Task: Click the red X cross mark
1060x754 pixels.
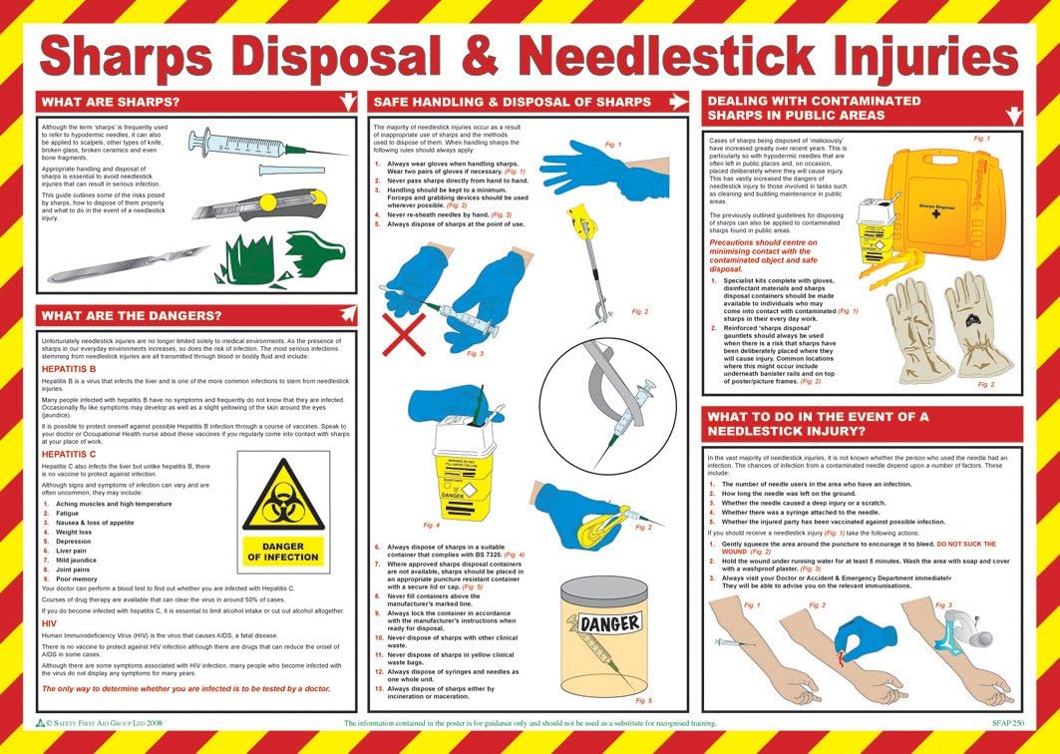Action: coord(404,335)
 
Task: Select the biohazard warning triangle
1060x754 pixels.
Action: coord(283,497)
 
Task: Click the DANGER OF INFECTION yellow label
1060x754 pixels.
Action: coord(283,553)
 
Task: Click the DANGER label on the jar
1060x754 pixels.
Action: coord(610,624)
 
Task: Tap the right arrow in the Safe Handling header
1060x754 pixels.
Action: coord(678,102)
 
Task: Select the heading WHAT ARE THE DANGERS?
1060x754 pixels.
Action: coord(131,316)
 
